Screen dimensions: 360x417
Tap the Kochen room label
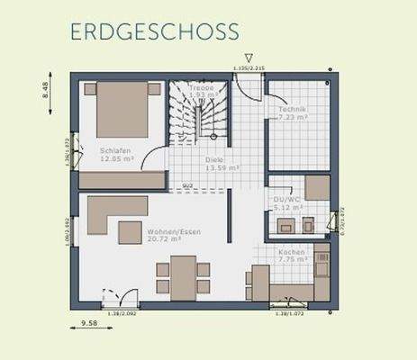tap(290, 255)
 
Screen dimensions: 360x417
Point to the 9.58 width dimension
tap(88, 322)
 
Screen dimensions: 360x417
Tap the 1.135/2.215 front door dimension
tap(248, 67)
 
